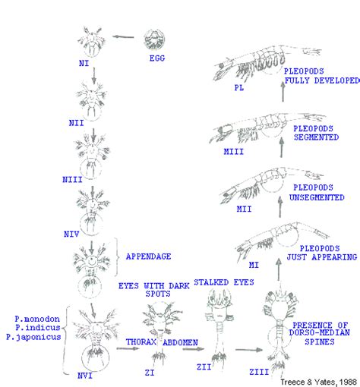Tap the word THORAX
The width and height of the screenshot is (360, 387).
tap(141, 341)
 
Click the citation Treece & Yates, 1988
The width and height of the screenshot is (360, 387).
tap(317, 380)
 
